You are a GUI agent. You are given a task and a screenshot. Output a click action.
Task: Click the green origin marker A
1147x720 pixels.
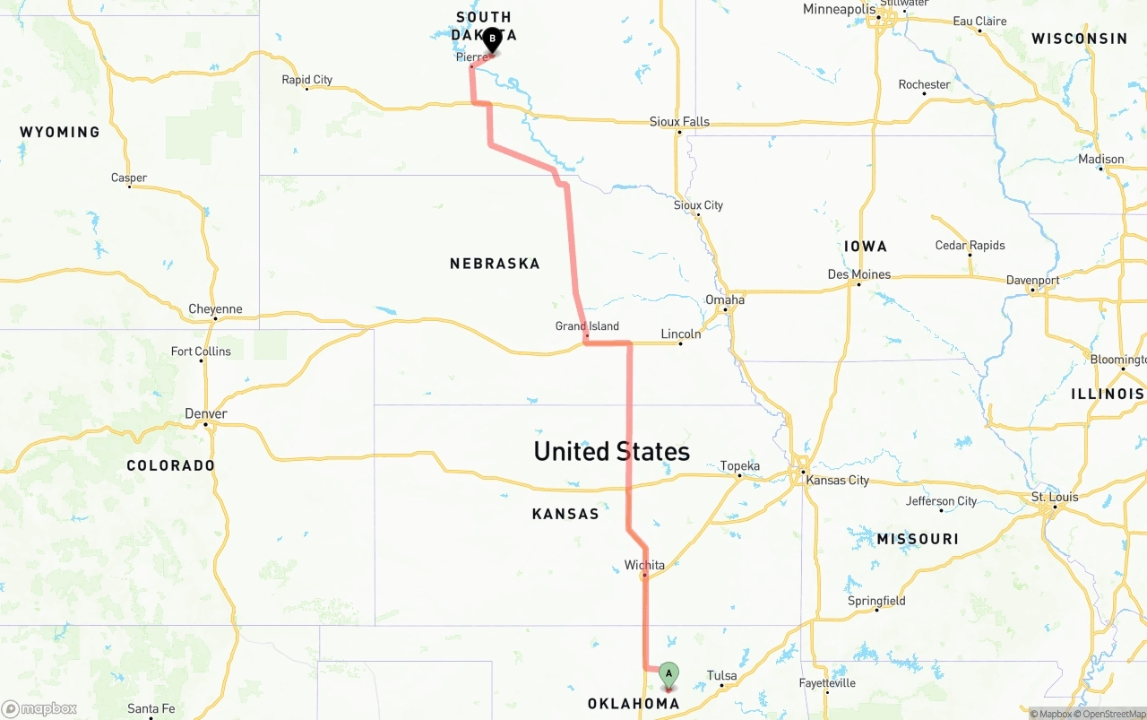[668, 674]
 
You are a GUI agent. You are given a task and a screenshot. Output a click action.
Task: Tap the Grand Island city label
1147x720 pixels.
[587, 326]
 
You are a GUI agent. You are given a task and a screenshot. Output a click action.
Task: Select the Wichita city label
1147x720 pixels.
[644, 565]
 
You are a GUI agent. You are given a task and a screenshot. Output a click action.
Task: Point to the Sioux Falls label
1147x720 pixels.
[679, 122]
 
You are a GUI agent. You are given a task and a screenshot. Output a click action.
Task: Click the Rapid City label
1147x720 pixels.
[307, 80]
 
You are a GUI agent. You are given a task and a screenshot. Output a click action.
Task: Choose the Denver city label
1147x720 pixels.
[205, 413]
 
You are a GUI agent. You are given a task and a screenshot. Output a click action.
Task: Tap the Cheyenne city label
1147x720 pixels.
[215, 309]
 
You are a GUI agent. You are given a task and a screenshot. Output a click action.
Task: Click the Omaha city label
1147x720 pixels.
[725, 299]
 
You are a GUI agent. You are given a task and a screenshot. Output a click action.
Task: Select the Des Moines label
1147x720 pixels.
[858, 274]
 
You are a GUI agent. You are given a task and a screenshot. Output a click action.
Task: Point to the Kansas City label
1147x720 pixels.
[838, 480]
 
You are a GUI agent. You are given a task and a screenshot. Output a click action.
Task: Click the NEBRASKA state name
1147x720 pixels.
[495, 264]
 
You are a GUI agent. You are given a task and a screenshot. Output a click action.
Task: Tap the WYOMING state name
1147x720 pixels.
[60, 132]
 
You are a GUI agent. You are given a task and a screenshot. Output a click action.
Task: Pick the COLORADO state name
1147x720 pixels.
[170, 465]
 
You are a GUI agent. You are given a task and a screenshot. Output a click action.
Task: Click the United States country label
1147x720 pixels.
[612, 451]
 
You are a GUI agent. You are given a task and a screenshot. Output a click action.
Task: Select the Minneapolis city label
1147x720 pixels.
[839, 10]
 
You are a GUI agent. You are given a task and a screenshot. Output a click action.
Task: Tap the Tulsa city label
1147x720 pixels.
[721, 675]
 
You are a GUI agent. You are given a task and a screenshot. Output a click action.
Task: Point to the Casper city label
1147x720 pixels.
[129, 178]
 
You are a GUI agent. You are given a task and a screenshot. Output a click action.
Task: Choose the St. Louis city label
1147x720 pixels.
[1055, 497]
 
